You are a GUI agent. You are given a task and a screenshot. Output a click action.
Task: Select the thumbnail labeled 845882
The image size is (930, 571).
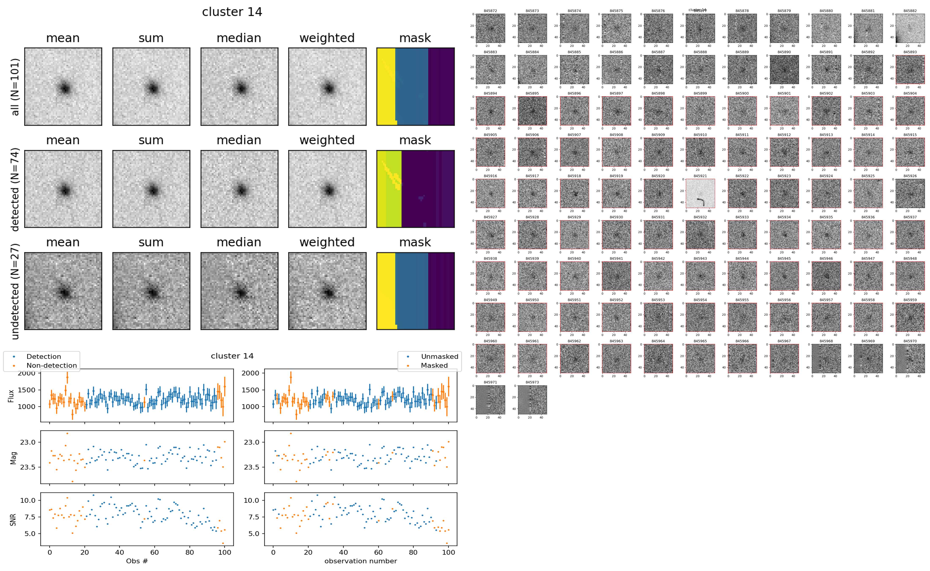click(x=910, y=28)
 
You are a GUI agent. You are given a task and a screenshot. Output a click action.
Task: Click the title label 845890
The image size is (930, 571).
click(x=784, y=52)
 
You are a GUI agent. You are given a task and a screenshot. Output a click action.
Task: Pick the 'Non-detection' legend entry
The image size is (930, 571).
click(x=51, y=365)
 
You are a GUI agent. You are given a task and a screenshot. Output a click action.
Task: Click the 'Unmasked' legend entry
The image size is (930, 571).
click(x=439, y=356)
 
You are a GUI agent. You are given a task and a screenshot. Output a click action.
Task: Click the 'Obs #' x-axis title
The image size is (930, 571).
click(x=137, y=561)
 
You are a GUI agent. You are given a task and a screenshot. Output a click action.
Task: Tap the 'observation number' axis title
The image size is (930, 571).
click(x=361, y=561)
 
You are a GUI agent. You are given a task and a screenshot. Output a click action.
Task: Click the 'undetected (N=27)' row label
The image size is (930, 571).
click(x=15, y=291)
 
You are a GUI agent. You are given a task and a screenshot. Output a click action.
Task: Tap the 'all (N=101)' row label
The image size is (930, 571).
click(x=15, y=87)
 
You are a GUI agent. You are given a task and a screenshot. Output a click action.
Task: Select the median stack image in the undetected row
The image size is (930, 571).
click(x=239, y=291)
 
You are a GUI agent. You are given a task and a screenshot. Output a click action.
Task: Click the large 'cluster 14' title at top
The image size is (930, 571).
click(x=232, y=12)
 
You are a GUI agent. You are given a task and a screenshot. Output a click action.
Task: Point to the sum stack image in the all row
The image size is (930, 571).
click(x=151, y=87)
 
